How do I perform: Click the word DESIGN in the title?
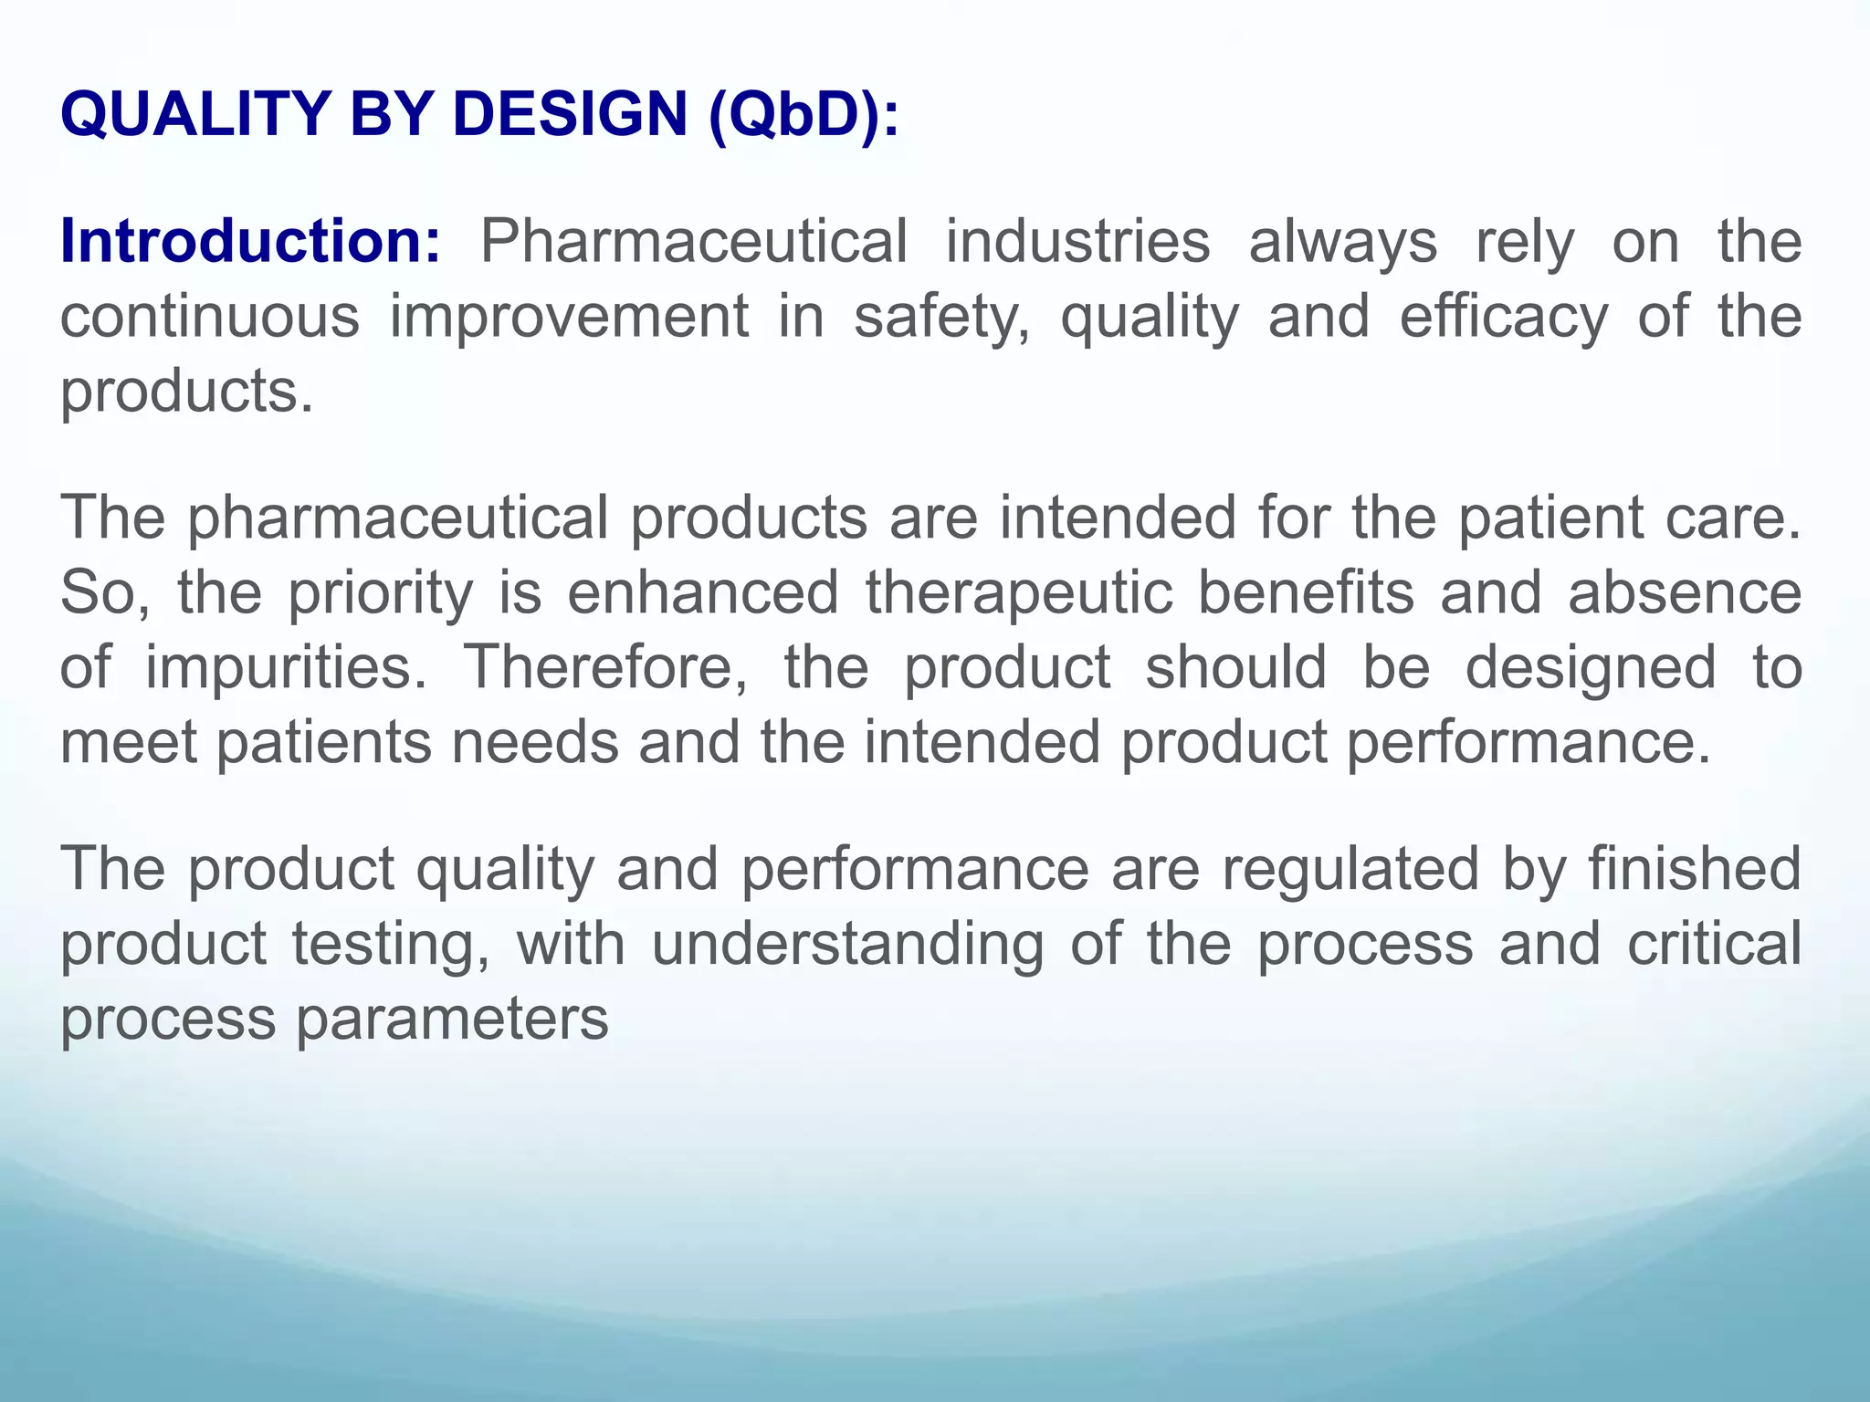tap(570, 115)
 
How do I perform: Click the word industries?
tap(1077, 241)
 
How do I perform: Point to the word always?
tap(1342, 243)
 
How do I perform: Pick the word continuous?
tap(210, 316)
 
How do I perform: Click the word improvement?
tap(569, 318)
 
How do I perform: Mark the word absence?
tap(1685, 592)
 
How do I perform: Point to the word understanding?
tap(847, 945)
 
